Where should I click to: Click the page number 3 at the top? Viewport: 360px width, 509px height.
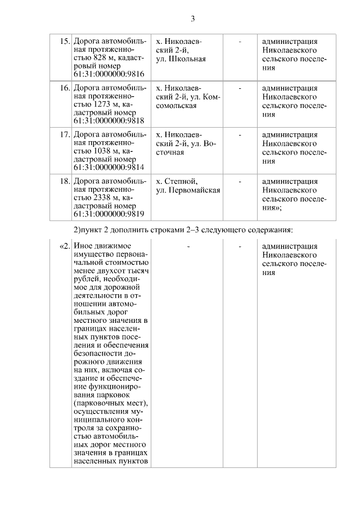(x=192, y=19)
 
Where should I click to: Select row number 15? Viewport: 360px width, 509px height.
(x=64, y=41)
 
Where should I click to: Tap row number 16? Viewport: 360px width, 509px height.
(x=64, y=88)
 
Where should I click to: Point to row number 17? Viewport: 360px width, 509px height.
(x=64, y=134)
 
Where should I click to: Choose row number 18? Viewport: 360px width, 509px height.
(x=64, y=181)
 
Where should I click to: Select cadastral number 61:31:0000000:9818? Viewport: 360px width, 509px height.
(x=109, y=121)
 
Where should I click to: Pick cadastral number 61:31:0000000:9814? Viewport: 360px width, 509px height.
(x=109, y=168)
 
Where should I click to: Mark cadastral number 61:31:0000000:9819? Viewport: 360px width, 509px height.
(x=109, y=214)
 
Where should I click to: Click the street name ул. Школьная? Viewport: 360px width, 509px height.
(x=181, y=58)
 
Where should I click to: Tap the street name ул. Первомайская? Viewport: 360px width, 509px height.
(x=188, y=190)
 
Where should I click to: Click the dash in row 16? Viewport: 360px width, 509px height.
(x=240, y=88)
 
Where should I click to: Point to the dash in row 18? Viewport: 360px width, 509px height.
(x=240, y=181)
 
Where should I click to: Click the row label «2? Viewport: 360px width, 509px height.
(x=64, y=246)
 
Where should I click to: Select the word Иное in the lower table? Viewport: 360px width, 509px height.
(x=83, y=246)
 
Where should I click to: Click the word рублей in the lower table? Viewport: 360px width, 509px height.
(x=86, y=280)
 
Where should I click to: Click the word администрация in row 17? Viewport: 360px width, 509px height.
(x=289, y=134)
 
